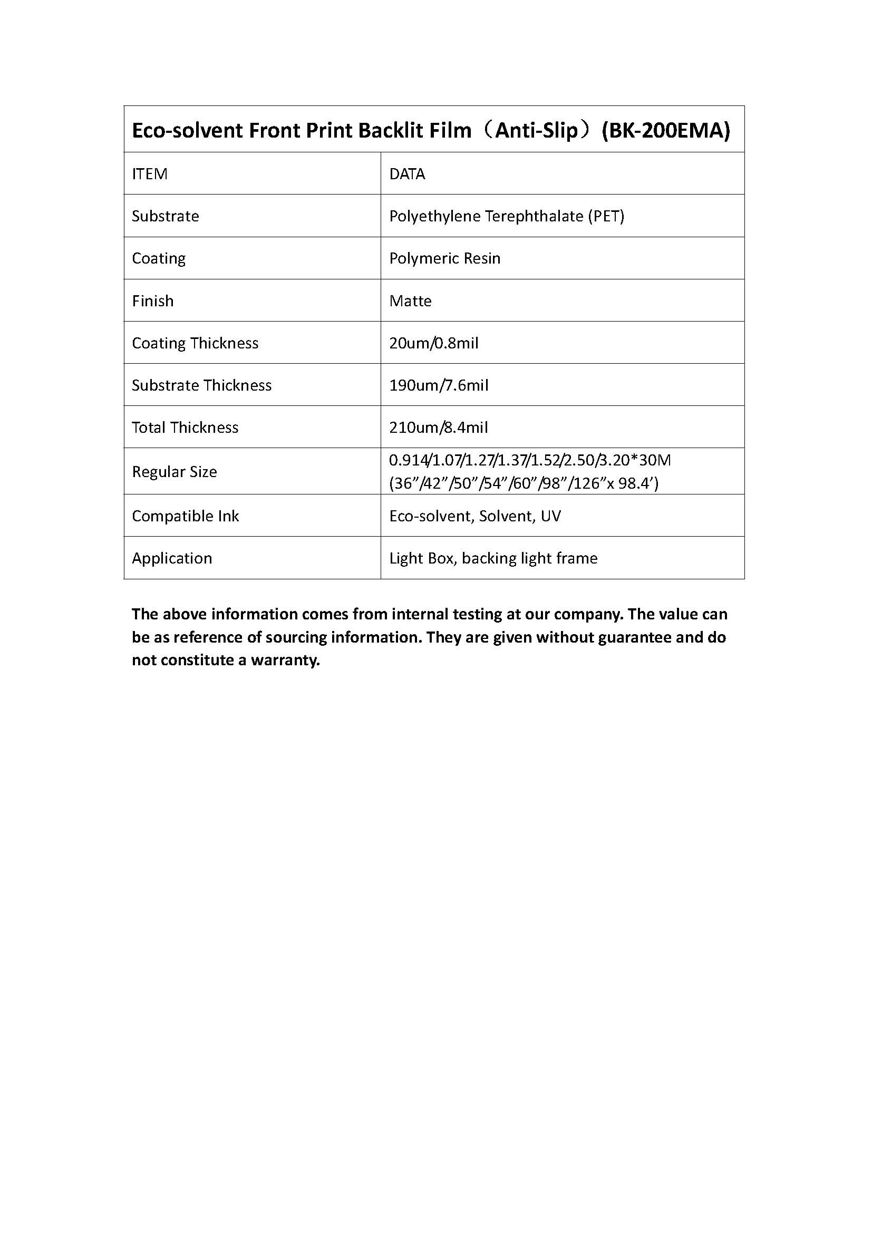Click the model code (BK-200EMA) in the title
665,131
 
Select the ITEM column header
150,174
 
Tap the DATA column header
407,174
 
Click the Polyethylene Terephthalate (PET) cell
506,216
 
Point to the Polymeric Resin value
444,258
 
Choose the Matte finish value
410,300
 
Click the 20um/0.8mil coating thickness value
433,343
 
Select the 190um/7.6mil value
439,385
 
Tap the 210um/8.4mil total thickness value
438,428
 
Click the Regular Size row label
175,471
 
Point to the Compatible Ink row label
185,516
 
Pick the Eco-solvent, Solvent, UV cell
474,516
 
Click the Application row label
172,558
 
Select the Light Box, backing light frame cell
493,558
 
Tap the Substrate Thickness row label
202,385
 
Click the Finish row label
152,300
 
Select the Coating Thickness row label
195,343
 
